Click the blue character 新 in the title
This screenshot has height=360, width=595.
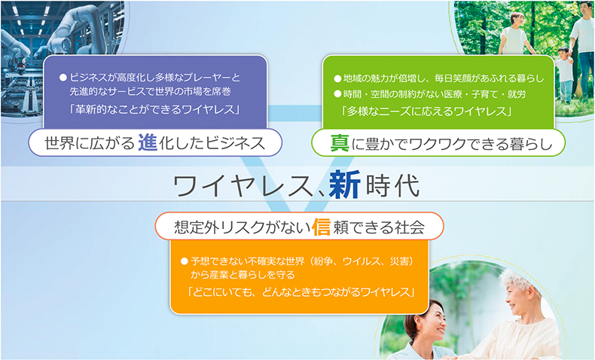pos(344,185)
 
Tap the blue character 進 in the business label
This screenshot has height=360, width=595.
pos(148,143)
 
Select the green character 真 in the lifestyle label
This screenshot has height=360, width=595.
pos(340,144)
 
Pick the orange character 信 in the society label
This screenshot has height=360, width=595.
pos(321,227)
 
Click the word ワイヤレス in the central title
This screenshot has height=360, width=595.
pos(243,186)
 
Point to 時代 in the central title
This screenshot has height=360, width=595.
pos(392,185)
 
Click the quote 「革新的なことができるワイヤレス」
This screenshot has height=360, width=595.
pos(154,110)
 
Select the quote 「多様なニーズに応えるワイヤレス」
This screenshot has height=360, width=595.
pos(427,111)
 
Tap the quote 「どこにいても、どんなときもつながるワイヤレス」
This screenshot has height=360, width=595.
pos(301,292)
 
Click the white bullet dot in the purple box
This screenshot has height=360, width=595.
pos(63,78)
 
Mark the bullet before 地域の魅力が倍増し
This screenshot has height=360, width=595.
pos(337,79)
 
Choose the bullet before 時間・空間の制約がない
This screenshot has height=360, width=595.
pos(337,94)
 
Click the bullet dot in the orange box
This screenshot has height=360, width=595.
pos(185,261)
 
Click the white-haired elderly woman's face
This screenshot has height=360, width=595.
pos(517,297)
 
